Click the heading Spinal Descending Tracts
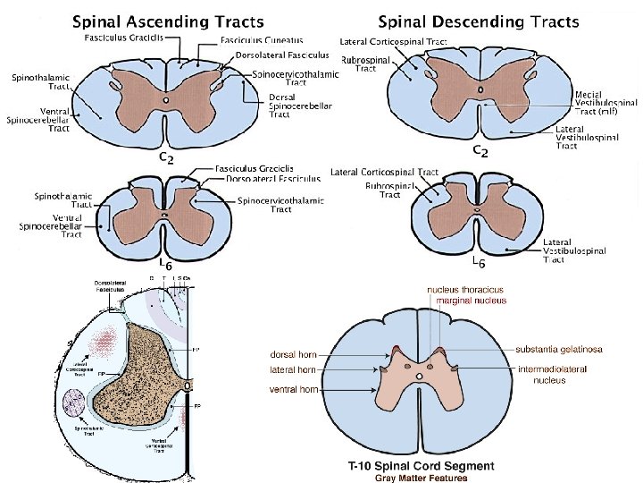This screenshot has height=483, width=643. [479, 21]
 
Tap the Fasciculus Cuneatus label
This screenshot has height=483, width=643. [262, 39]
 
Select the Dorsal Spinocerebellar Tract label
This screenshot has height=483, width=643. [300, 106]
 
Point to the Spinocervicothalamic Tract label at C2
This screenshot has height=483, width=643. [296, 80]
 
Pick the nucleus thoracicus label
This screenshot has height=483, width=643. [465, 290]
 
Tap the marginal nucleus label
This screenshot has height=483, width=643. [472, 301]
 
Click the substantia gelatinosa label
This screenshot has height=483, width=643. [563, 349]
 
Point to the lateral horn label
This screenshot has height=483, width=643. [293, 369]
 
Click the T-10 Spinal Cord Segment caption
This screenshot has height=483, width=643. [421, 466]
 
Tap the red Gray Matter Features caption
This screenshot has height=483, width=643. [421, 478]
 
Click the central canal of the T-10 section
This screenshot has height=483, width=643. [420, 377]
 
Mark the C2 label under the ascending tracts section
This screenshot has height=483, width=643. [166, 157]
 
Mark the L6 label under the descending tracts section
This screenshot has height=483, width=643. [478, 263]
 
